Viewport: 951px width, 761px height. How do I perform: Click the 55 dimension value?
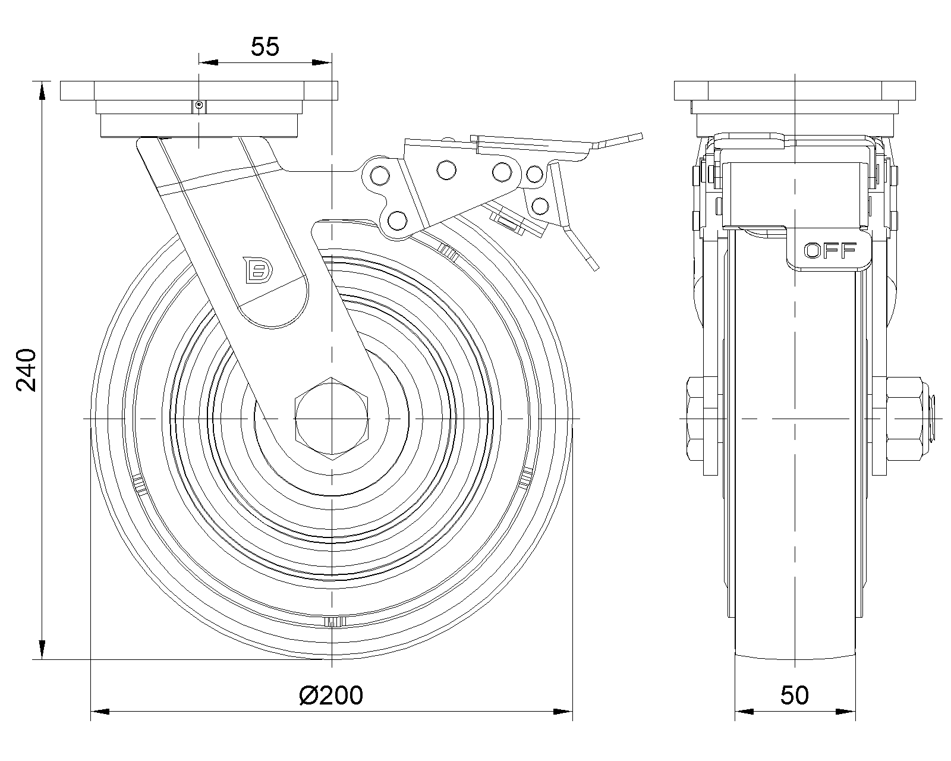click(265, 46)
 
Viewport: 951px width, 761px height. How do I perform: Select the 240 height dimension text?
click(26, 370)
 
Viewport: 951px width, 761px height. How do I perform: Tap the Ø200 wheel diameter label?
click(331, 696)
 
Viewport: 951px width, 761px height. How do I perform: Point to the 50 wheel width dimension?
click(795, 696)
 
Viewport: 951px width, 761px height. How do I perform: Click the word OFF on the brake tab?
click(830, 251)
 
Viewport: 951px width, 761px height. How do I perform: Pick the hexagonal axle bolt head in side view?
click(332, 419)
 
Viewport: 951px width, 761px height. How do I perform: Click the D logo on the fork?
click(258, 270)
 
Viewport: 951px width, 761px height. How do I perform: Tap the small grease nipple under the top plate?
click(200, 105)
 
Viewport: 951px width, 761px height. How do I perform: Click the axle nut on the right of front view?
click(904, 419)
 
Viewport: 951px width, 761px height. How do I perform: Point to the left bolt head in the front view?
click(695, 419)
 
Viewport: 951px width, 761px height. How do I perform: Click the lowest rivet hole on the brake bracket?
click(397, 220)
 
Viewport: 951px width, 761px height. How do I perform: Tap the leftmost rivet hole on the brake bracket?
click(380, 176)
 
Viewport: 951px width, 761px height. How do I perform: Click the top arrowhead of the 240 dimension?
click(42, 91)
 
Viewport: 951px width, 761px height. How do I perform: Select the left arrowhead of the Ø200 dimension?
click(100, 712)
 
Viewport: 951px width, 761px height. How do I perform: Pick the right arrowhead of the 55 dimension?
click(322, 62)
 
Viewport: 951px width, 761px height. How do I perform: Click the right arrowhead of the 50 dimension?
click(846, 712)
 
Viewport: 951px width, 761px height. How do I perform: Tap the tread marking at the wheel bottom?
click(334, 622)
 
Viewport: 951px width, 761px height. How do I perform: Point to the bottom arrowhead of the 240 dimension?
click(42, 650)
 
